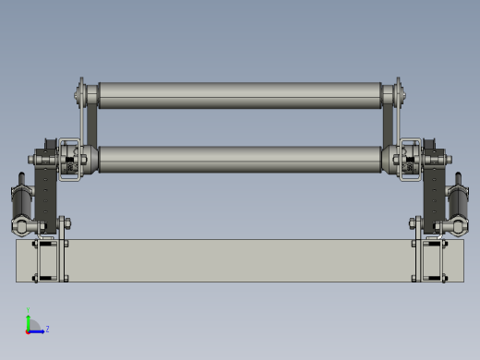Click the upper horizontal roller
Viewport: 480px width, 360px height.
240,94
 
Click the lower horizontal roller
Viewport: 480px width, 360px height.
240,159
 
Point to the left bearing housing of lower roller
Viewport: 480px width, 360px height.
70,159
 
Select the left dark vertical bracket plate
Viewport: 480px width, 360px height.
45,189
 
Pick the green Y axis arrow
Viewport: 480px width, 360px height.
29,320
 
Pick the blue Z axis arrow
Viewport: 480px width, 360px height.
38,330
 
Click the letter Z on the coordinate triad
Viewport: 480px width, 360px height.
47,328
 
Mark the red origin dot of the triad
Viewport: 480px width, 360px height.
29,330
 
